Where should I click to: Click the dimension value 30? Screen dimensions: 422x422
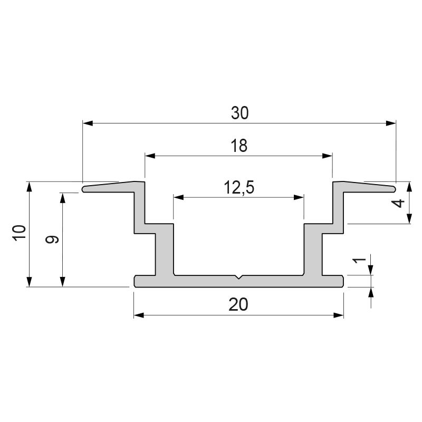pyautogui.click(x=239, y=113)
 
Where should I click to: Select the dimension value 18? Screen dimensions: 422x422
pyautogui.click(x=239, y=146)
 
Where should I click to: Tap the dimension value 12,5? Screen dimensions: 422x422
pyautogui.click(x=239, y=188)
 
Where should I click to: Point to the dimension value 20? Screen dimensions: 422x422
pyautogui.click(x=239, y=304)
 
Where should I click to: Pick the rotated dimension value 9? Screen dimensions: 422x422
pyautogui.click(x=51, y=239)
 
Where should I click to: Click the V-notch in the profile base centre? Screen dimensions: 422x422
pyautogui.click(x=239, y=277)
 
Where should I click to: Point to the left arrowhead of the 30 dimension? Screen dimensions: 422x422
pyautogui.click(x=88, y=123)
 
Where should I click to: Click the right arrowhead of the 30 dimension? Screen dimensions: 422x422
pyautogui.click(x=391, y=123)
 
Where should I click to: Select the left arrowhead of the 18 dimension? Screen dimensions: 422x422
pyautogui.click(x=150, y=156)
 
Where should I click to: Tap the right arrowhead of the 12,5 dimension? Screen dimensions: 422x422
pyautogui.click(x=300, y=198)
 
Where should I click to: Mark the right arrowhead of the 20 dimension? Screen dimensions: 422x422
pyautogui.click(x=339, y=315)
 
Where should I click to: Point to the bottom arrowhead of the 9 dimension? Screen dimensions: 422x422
pyautogui.click(x=63, y=282)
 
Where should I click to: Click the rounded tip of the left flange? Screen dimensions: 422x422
pyautogui.click(x=84, y=188)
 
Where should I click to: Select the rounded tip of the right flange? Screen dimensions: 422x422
pyautogui.click(x=394, y=188)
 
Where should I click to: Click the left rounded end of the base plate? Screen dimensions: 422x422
pyautogui.click(x=136, y=281)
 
